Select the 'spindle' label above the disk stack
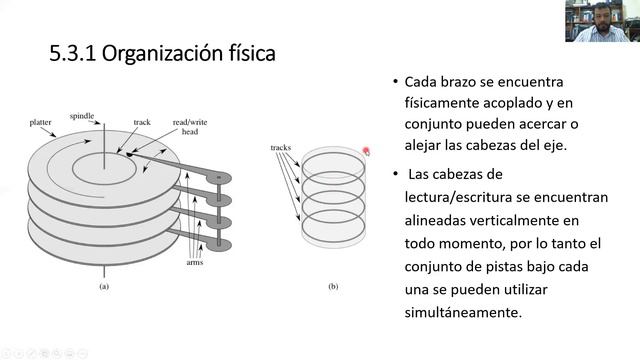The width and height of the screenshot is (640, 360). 82,116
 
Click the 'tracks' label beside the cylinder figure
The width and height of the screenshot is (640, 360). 281,148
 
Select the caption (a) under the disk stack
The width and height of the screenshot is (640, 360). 103,287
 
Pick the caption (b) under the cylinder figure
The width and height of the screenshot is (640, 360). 333,287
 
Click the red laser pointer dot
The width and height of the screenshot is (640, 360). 366,151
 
